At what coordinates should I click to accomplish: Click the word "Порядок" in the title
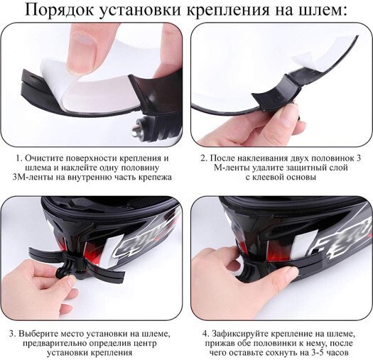pyautogui.click(x=60, y=10)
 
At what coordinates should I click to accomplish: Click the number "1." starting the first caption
pyautogui.click(x=19, y=158)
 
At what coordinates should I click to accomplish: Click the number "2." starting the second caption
pyautogui.click(x=204, y=158)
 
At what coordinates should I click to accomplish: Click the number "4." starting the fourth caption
pyautogui.click(x=206, y=334)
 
